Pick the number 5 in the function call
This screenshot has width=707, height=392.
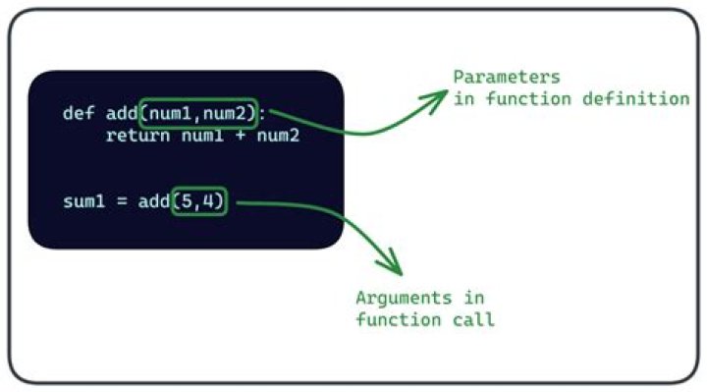coord(187,202)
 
